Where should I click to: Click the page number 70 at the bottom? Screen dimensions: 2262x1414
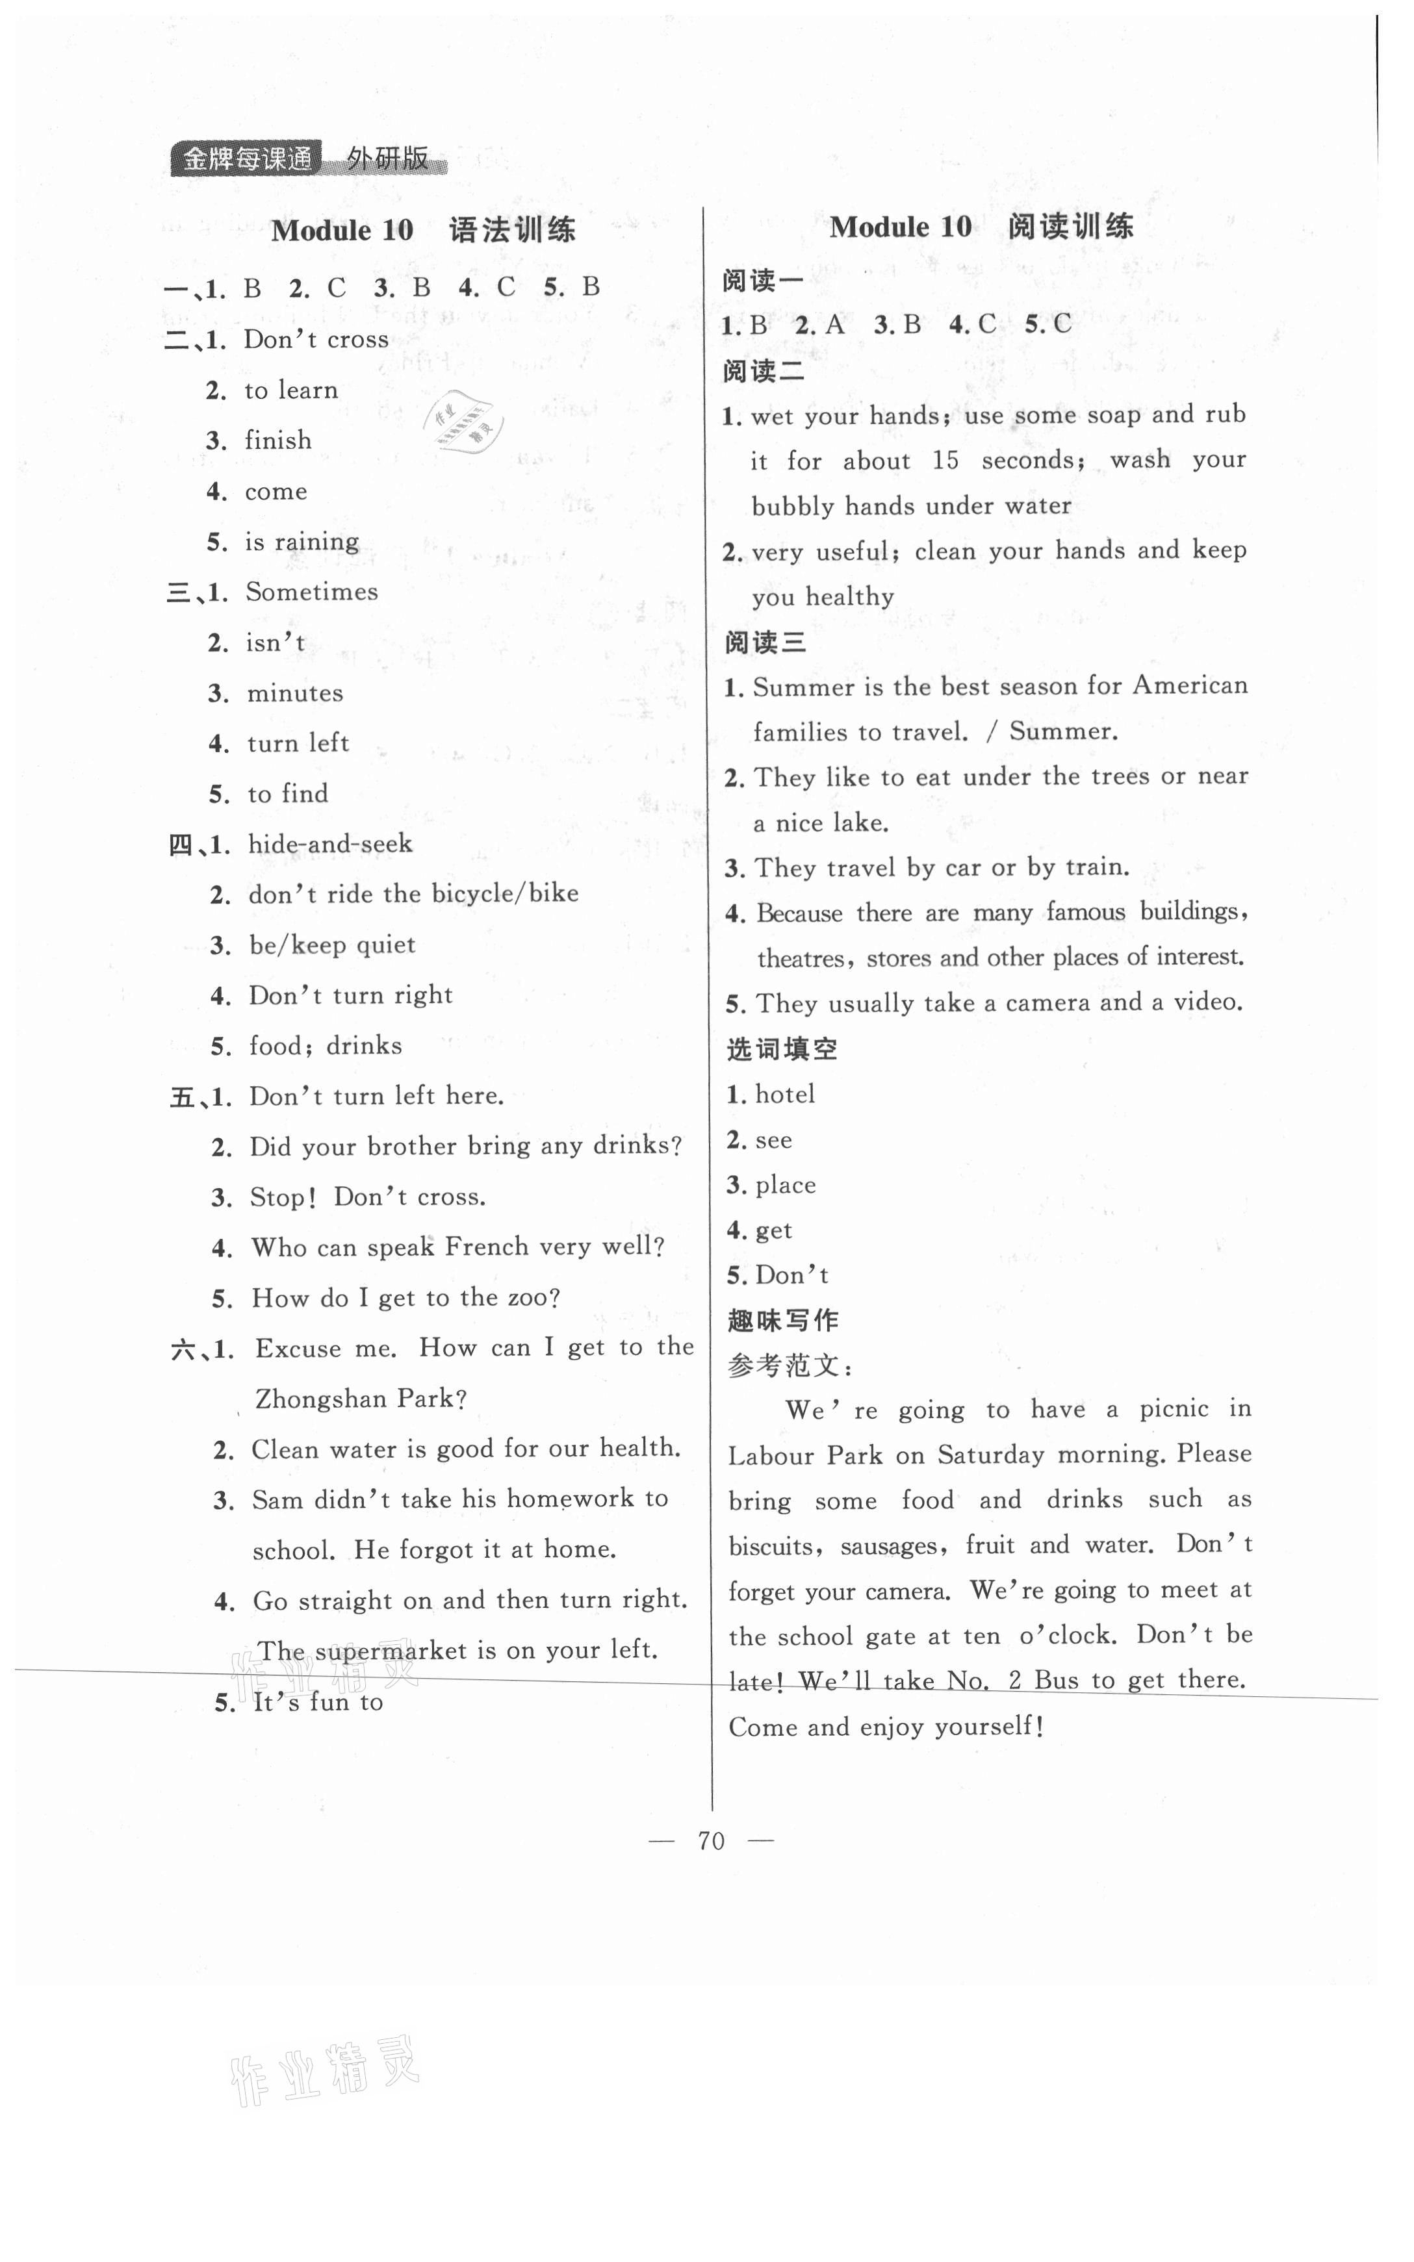[711, 1840]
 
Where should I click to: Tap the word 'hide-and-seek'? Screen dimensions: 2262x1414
[330, 844]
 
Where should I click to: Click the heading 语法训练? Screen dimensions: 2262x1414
[513, 230]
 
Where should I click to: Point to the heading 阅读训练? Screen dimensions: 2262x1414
[1071, 226]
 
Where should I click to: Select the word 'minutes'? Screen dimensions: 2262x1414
[294, 694]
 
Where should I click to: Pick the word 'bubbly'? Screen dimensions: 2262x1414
[793, 507]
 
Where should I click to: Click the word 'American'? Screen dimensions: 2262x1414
[1190, 685]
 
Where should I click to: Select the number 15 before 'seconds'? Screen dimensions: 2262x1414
[945, 461]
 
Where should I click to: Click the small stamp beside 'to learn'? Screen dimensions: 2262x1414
[465, 420]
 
